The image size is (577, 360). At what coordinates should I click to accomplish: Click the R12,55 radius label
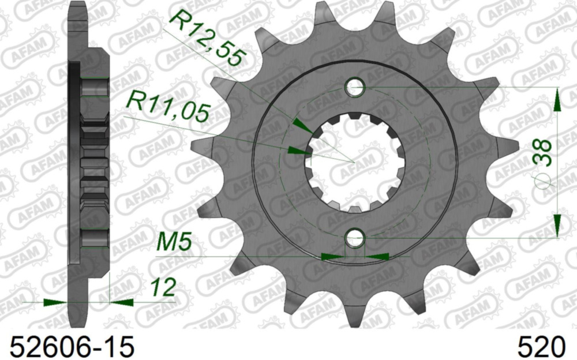(207, 39)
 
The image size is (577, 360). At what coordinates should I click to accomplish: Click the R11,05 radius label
(167, 107)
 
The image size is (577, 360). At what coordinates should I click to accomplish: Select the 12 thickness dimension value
(163, 287)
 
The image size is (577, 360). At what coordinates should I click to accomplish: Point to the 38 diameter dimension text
(542, 152)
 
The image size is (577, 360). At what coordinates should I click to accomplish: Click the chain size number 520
(541, 346)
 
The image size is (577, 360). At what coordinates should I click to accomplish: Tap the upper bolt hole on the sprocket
(355, 88)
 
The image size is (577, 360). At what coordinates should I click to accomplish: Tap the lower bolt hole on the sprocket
(355, 238)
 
